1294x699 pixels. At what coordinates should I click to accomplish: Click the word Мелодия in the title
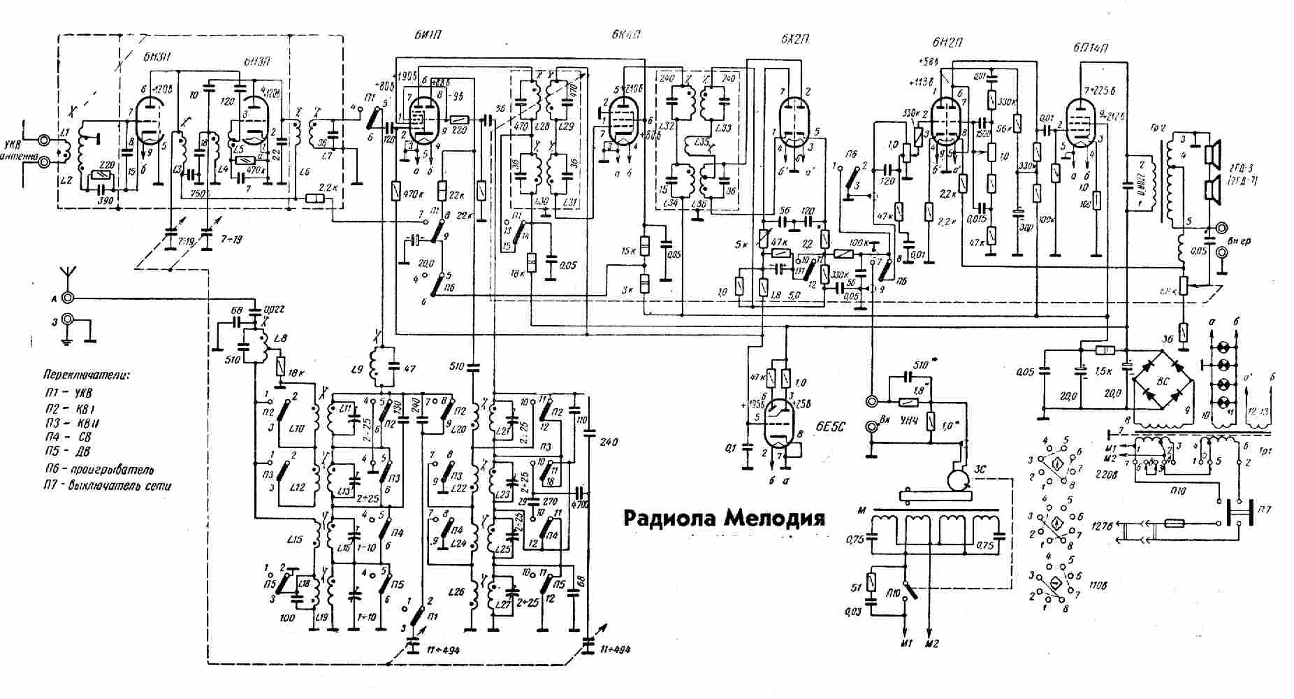coord(775,519)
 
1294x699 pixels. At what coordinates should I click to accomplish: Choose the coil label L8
coord(282,338)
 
